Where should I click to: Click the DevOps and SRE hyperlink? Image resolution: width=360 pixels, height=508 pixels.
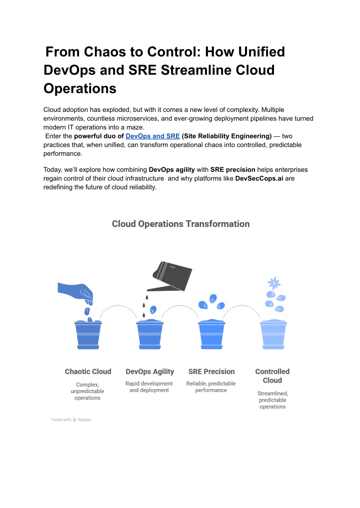(152, 135)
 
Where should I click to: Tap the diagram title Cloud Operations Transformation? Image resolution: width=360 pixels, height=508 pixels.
(180, 224)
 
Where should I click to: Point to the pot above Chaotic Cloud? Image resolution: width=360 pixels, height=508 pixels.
(88, 335)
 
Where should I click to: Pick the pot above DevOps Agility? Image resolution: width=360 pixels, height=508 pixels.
(150, 335)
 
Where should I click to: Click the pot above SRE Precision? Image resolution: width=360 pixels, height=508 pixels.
(211, 335)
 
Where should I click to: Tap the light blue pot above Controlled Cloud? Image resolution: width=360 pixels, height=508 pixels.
(273, 335)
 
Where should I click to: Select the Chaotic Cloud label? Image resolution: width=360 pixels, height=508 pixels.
(88, 372)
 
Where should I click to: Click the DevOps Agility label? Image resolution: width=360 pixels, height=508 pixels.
(150, 372)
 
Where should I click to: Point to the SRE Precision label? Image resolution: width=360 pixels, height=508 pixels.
(211, 372)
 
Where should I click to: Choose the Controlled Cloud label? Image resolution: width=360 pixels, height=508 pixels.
(272, 376)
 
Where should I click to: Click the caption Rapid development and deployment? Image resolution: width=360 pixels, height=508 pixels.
(149, 387)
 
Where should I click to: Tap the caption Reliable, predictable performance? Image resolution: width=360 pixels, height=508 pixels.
(211, 387)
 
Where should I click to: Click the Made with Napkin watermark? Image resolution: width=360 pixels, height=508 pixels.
(71, 420)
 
